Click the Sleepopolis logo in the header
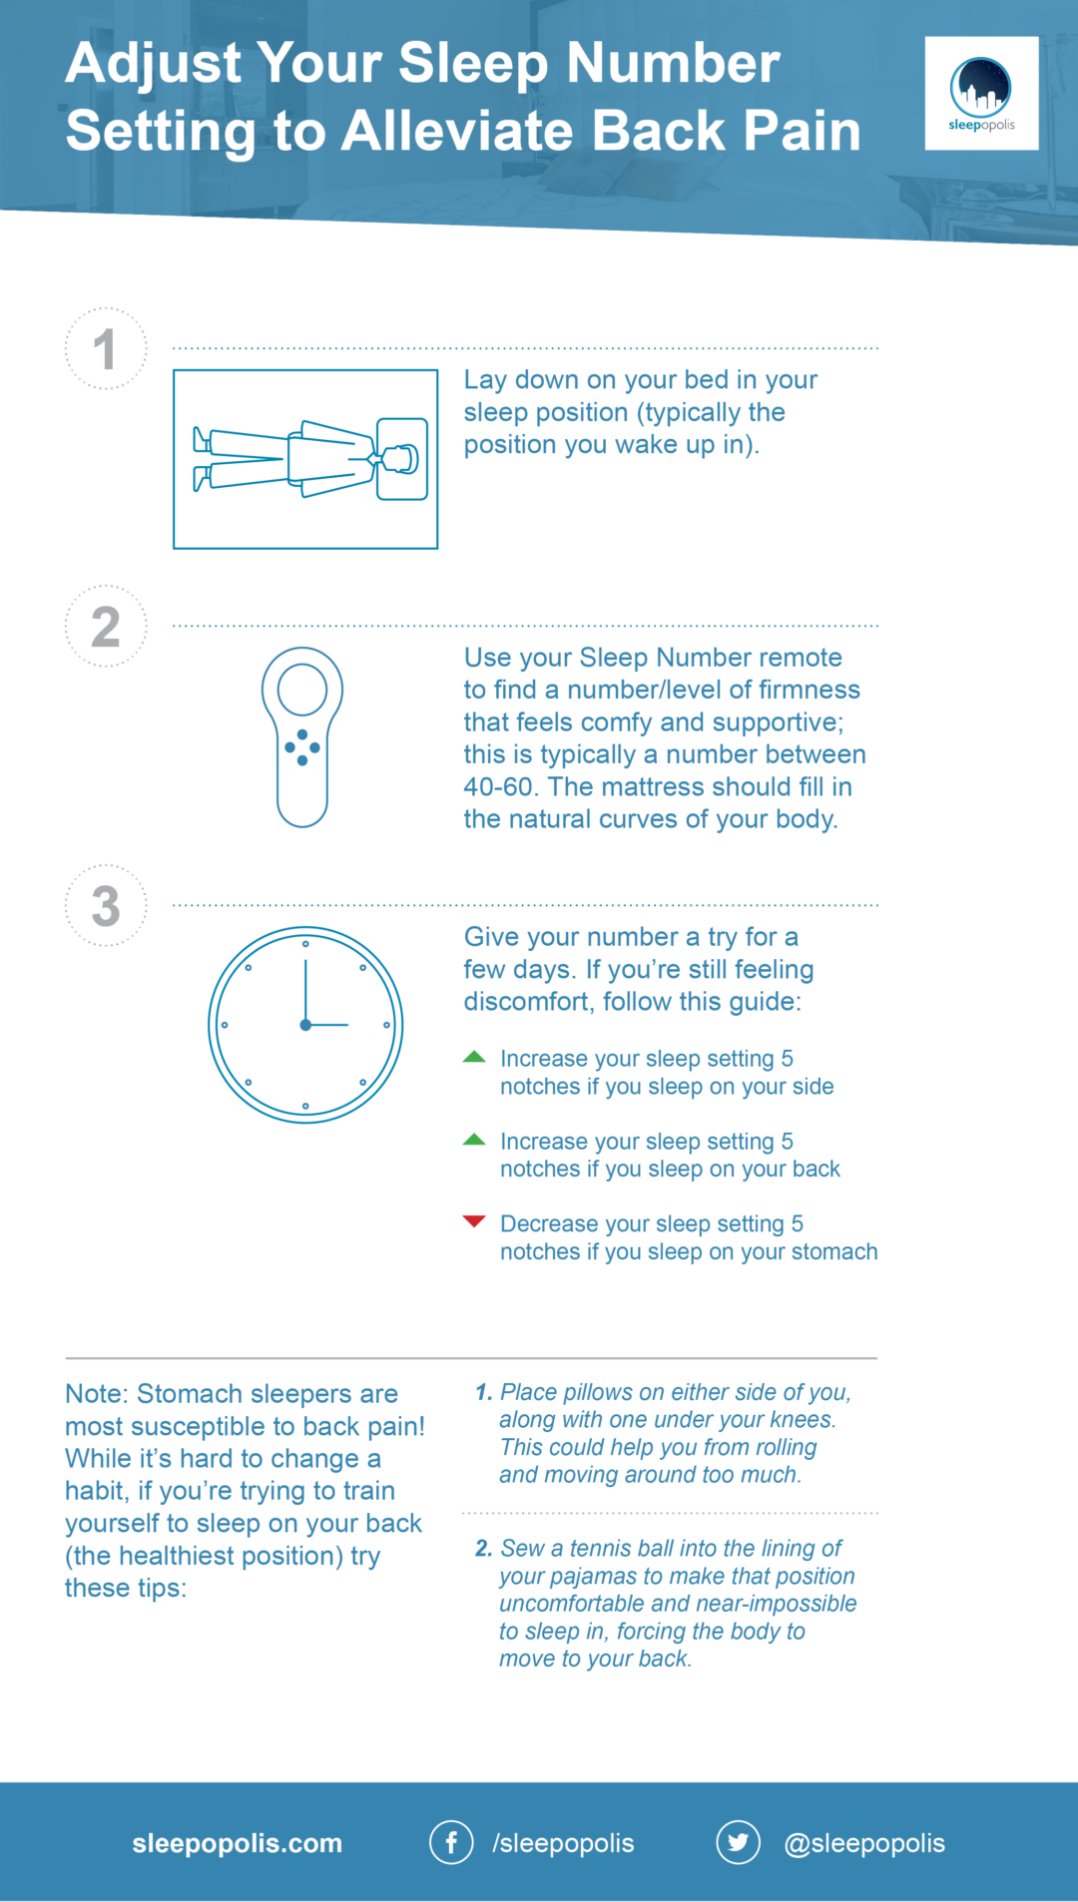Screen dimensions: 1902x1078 (980, 94)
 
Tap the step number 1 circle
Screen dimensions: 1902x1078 (106, 349)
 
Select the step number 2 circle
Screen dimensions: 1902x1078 (106, 627)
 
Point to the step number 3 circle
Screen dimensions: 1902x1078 (106, 905)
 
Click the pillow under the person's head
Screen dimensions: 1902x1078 (402, 459)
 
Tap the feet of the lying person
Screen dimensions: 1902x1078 (202, 459)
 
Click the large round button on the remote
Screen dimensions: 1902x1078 (302, 689)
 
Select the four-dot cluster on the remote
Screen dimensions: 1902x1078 (302, 747)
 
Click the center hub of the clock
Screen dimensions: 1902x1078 (305, 1025)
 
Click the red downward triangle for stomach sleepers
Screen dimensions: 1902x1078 (474, 1221)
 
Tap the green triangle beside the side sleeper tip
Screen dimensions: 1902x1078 (474, 1057)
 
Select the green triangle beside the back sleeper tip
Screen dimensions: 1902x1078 (474, 1140)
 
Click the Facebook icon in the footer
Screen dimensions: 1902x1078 (451, 1842)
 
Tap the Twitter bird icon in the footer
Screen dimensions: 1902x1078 (738, 1842)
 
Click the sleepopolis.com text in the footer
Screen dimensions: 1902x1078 (237, 1843)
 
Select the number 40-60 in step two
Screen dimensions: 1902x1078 (499, 787)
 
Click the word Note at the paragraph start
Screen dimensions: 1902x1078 (95, 1394)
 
